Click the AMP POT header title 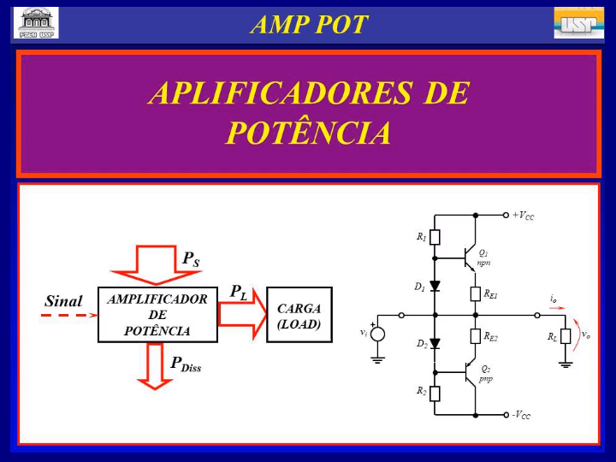click(309, 25)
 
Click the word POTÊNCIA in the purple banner click(309, 133)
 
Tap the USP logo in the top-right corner click(578, 22)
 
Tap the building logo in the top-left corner click(36, 22)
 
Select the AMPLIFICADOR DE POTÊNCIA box click(157, 315)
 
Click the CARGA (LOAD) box click(299, 315)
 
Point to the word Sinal click(63, 301)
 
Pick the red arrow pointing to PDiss click(155, 364)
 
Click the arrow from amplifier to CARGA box click(242, 313)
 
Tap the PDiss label click(186, 364)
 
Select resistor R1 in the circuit click(435, 237)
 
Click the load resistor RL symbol click(566, 336)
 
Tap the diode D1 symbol click(435, 287)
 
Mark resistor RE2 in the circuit click(476, 336)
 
